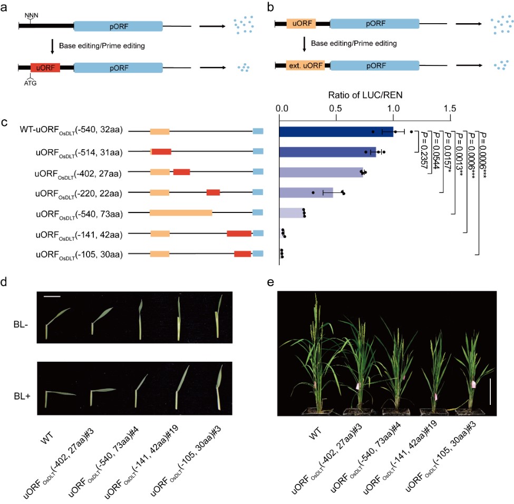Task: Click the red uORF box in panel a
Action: pyautogui.click(x=45, y=67)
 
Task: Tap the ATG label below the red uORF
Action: pyautogui.click(x=31, y=83)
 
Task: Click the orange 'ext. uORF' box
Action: pyautogui.click(x=301, y=65)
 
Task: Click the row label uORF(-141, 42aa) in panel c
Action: pyautogui.click(x=79, y=234)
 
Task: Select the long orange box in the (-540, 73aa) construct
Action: pyautogui.click(x=181, y=213)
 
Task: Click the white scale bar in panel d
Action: pyautogui.click(x=53, y=297)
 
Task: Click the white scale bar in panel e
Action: pyautogui.click(x=490, y=391)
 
